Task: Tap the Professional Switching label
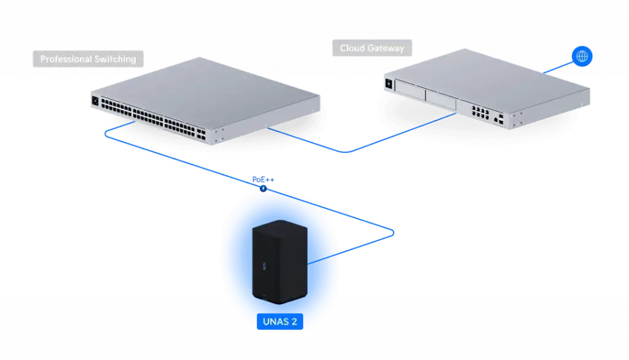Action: pyautogui.click(x=88, y=59)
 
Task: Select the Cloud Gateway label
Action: pyautogui.click(x=372, y=49)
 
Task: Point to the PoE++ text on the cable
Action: pyautogui.click(x=264, y=179)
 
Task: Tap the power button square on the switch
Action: pyautogui.click(x=95, y=100)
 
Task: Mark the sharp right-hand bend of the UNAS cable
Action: pyautogui.click(x=393, y=232)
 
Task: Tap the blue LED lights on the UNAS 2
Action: pyautogui.click(x=264, y=266)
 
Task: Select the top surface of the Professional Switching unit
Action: pyautogui.click(x=209, y=89)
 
